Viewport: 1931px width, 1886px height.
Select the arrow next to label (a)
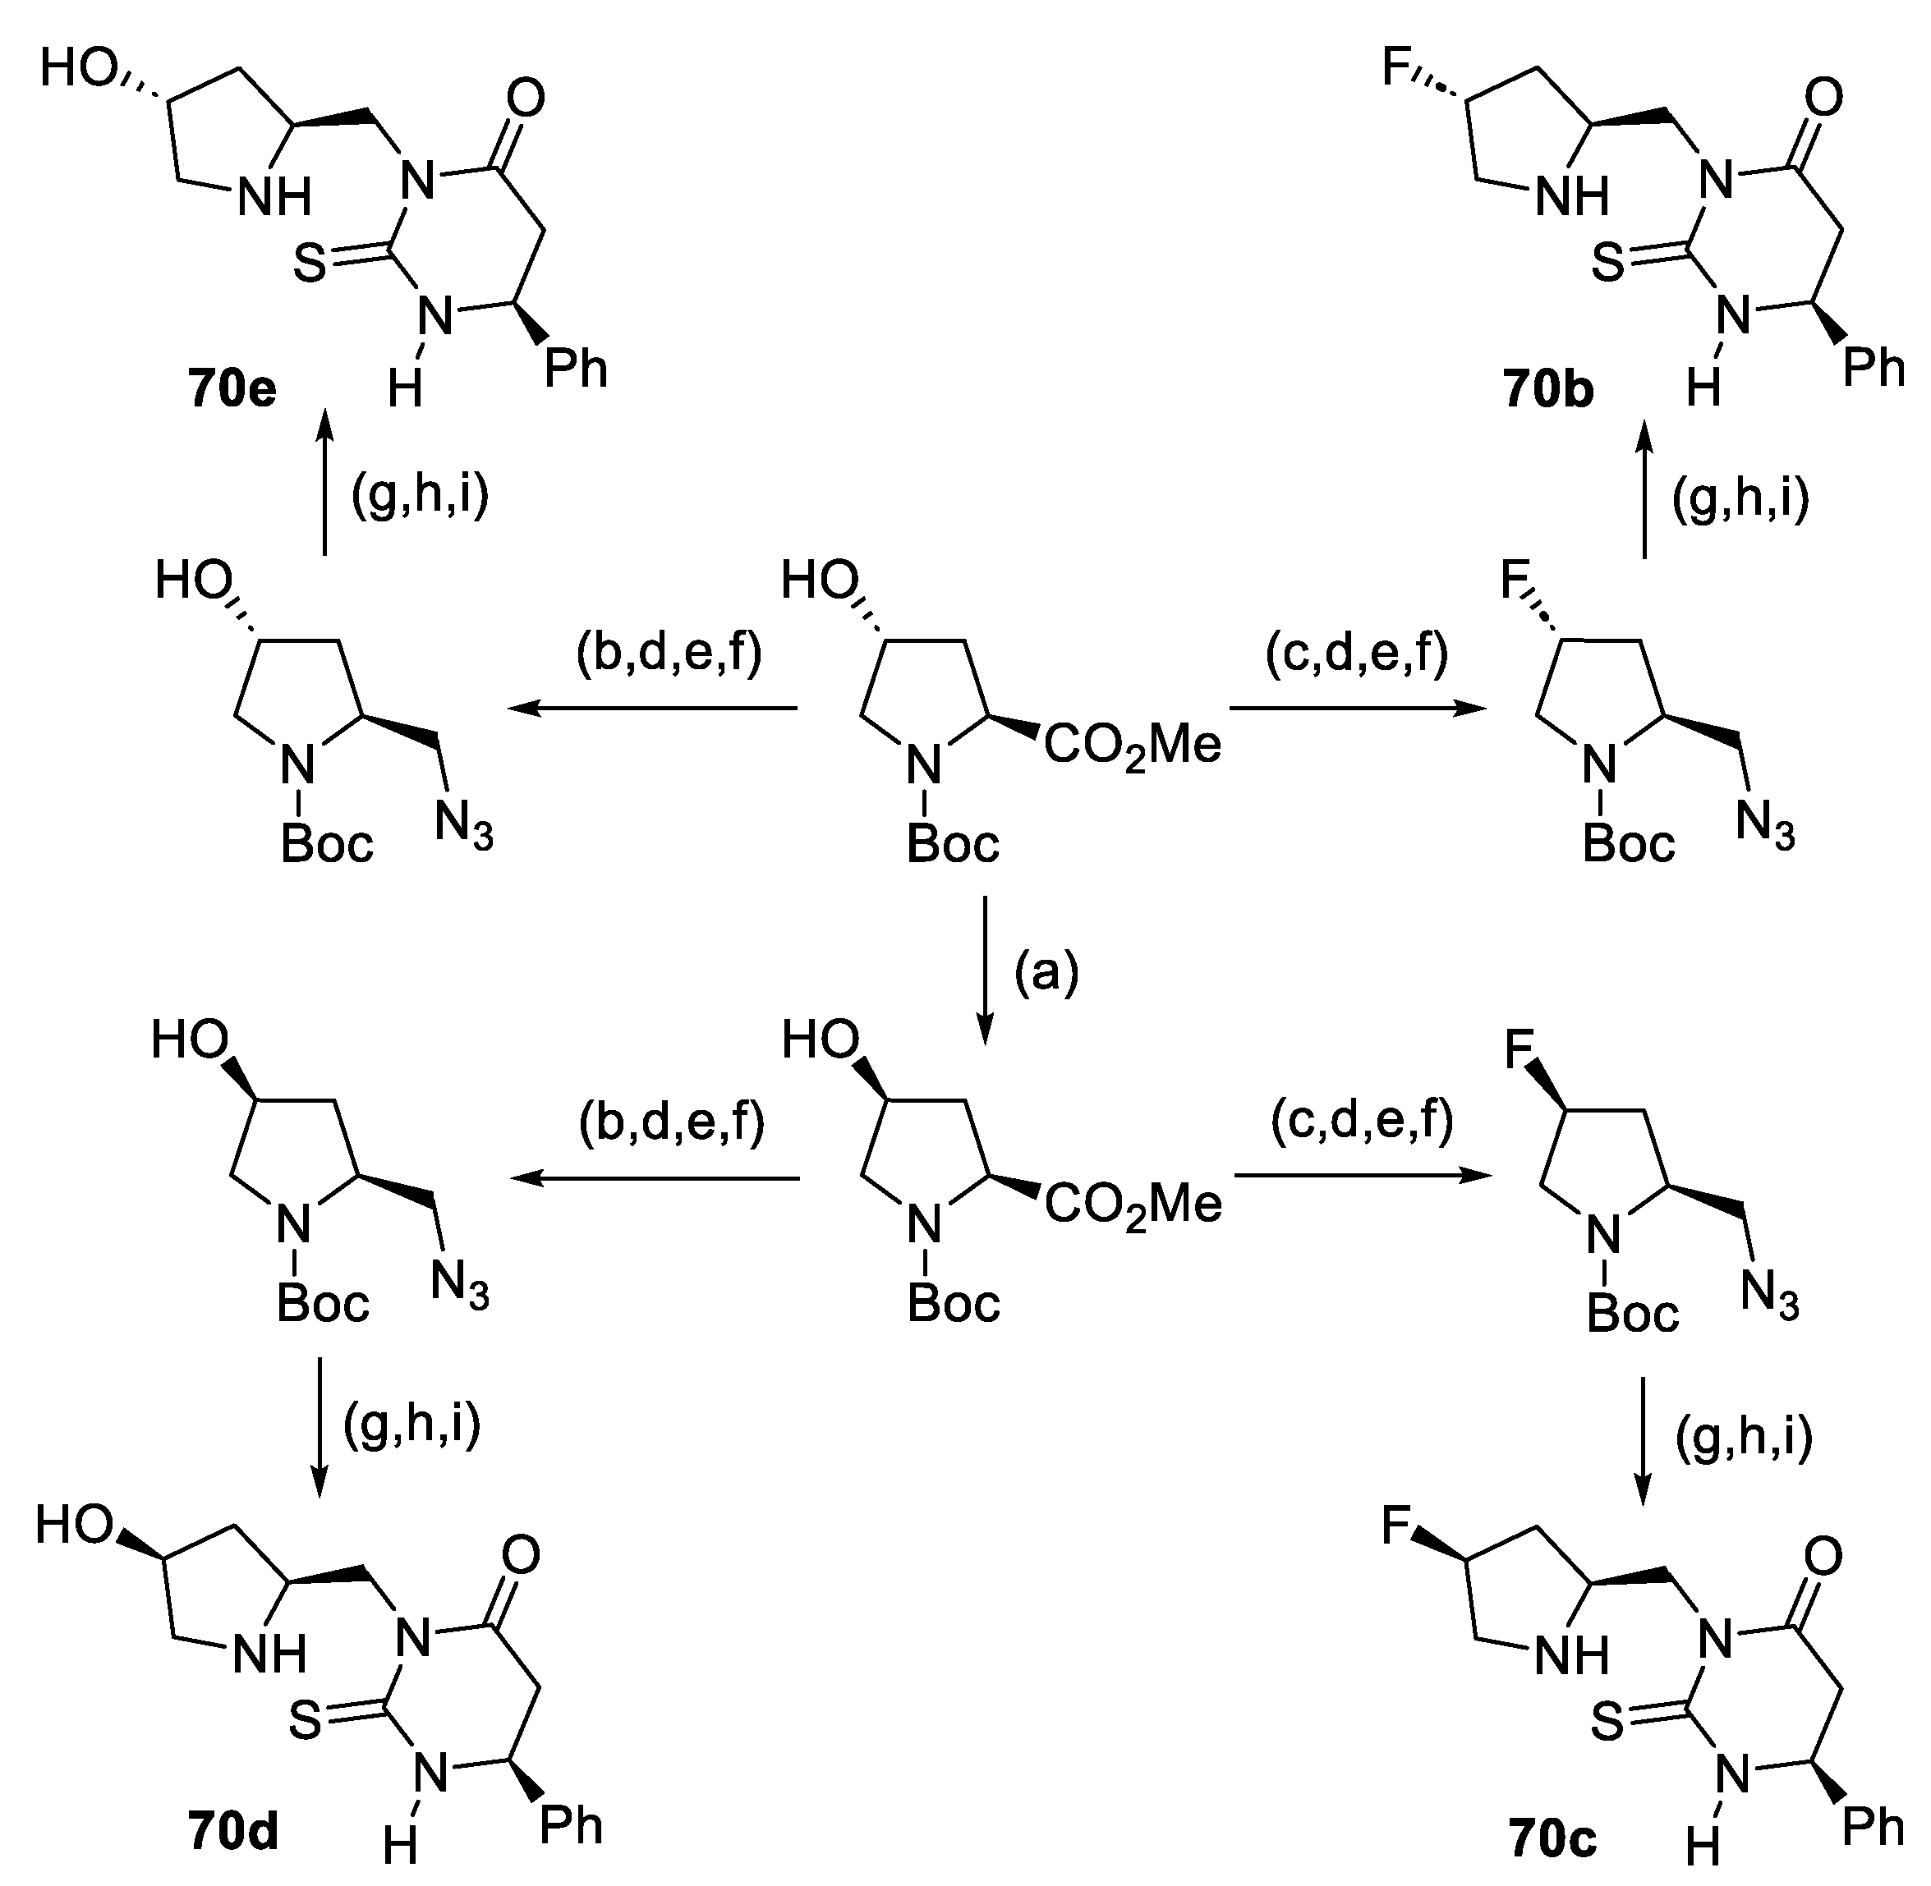[x=984, y=970]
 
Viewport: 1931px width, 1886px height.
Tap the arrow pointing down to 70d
[x=318, y=1426]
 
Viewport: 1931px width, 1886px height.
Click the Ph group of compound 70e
[x=575, y=369]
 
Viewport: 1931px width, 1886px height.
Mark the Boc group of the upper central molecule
[x=953, y=844]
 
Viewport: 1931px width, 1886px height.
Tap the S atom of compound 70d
[x=306, y=1722]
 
